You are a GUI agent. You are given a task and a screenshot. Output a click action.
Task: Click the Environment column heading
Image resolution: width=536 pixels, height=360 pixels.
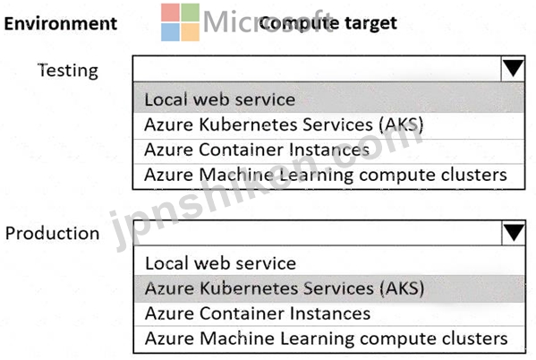(x=61, y=23)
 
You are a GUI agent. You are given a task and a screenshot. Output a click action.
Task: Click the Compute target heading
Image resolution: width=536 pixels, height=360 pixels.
(x=328, y=23)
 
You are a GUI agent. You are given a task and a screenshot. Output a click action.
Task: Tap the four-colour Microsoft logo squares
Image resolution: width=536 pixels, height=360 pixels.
(x=180, y=22)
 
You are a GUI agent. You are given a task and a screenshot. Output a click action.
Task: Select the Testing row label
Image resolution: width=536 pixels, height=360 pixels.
(x=68, y=71)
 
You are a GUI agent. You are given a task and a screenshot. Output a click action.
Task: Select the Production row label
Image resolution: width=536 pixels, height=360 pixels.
(x=52, y=234)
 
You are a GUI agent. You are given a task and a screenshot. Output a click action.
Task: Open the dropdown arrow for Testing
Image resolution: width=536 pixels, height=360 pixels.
(x=513, y=68)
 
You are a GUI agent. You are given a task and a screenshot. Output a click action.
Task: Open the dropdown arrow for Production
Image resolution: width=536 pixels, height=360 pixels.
(x=514, y=233)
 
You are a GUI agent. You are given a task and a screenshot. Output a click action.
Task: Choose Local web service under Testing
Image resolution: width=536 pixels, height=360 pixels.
(x=220, y=99)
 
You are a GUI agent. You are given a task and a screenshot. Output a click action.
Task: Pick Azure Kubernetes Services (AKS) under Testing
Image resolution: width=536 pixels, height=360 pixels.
(x=284, y=124)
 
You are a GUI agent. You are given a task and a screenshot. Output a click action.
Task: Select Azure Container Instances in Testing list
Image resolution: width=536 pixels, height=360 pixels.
(x=257, y=150)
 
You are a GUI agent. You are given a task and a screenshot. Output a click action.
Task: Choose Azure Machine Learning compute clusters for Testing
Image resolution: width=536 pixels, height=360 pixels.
(x=326, y=175)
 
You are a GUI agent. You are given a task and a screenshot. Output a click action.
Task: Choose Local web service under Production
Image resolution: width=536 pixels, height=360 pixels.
(x=220, y=263)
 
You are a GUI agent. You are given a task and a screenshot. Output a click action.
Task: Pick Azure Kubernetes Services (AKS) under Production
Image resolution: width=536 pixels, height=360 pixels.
(x=285, y=288)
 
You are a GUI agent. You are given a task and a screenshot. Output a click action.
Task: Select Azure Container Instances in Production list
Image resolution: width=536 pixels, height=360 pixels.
(x=258, y=313)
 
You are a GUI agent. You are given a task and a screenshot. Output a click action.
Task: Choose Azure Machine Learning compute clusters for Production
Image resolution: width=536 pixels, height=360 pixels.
(x=326, y=339)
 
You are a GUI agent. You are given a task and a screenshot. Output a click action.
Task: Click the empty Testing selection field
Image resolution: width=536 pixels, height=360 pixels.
(x=317, y=68)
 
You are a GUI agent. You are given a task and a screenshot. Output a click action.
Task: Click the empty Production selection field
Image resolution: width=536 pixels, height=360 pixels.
(x=318, y=233)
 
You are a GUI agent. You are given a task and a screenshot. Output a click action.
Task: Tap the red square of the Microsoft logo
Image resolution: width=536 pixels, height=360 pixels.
(x=170, y=13)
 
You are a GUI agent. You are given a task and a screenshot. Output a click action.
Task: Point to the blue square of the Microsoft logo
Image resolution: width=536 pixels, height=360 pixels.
(x=170, y=32)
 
